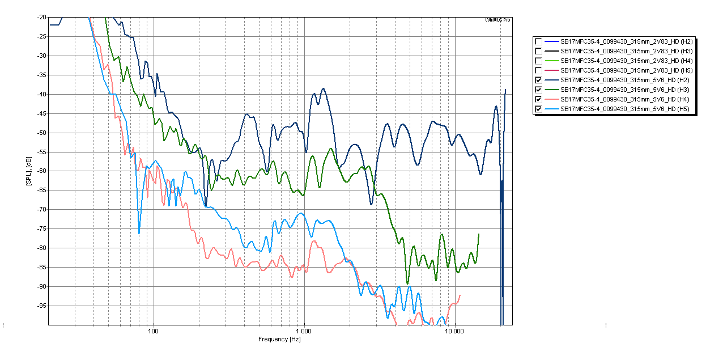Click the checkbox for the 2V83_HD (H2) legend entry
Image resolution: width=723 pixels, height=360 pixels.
pyautogui.click(x=538, y=41)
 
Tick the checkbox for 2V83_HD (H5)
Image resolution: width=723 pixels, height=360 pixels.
pyautogui.click(x=538, y=70)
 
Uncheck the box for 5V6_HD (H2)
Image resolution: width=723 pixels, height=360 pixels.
pyautogui.click(x=538, y=80)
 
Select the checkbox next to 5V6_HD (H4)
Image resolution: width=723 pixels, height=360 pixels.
pyautogui.click(x=538, y=99)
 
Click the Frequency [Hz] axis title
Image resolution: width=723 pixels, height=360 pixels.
pyautogui.click(x=279, y=339)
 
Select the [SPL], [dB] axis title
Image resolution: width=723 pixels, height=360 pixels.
pyautogui.click(x=28, y=171)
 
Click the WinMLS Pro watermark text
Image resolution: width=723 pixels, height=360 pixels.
pyautogui.click(x=498, y=20)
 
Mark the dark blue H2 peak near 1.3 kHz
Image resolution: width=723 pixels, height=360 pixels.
pyautogui.click(x=323, y=88)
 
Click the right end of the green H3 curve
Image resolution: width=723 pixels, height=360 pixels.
pyautogui.click(x=479, y=234)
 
